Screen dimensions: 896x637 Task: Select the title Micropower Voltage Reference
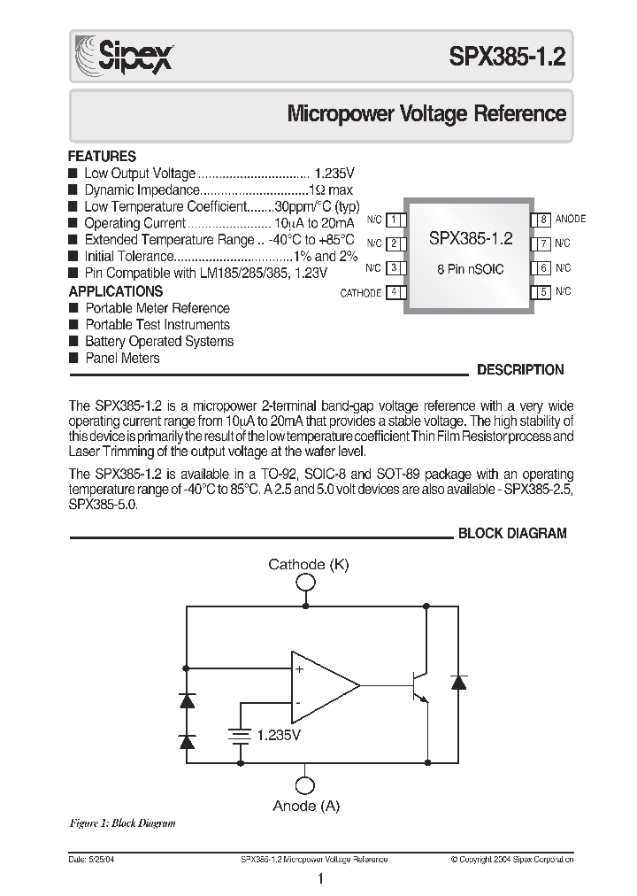pos(426,114)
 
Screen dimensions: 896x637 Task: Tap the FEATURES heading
pos(103,156)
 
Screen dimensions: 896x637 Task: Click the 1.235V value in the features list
pos(334,174)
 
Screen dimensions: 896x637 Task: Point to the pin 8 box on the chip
pos(541,220)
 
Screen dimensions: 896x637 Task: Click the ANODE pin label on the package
pos(571,220)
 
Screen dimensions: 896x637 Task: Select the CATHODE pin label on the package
pos(361,293)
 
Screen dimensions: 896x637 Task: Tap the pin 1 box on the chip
pos(397,220)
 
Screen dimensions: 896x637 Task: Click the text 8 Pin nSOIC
pos(470,269)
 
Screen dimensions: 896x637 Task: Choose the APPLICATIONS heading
pos(116,291)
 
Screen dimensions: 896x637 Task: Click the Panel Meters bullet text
pos(122,359)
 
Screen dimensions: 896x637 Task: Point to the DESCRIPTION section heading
pos(520,371)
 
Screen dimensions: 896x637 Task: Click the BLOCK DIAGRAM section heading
pos(511,534)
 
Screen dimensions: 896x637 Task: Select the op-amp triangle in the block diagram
pos(322,684)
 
